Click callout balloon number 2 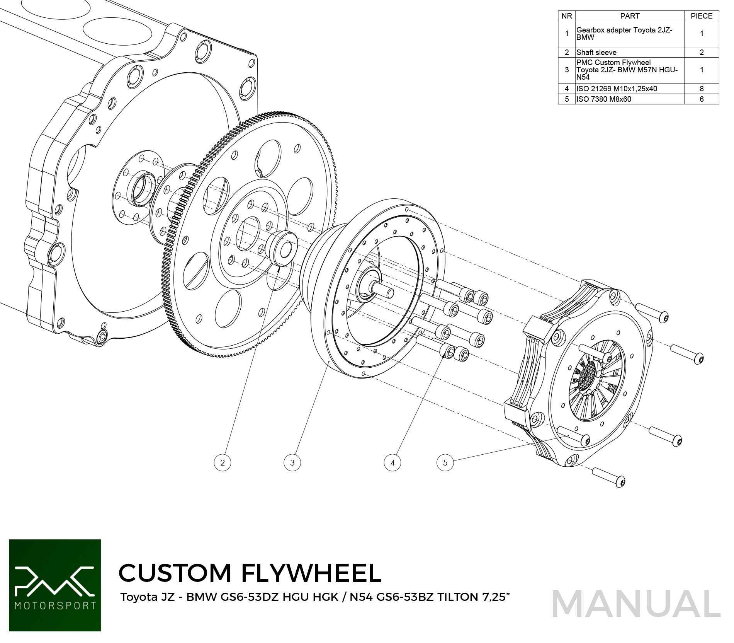(222, 462)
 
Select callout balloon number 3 (292, 462)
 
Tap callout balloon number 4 (392, 462)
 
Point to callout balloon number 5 (445, 462)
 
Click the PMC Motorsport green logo (55, 585)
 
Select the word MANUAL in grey (636, 604)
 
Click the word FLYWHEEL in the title (311, 573)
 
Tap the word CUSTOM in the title (175, 573)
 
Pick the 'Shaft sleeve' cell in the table (630, 53)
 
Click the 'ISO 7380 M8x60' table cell (630, 99)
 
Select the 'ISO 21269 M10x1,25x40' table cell (630, 89)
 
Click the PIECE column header (702, 16)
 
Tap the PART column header (630, 16)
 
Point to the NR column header (567, 16)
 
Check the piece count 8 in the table (702, 89)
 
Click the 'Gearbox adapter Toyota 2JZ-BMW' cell (630, 34)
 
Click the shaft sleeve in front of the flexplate (282, 249)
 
